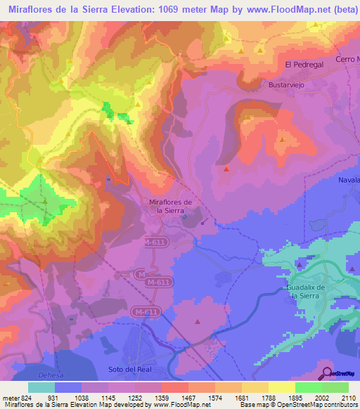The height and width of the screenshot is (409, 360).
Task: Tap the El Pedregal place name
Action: [x=303, y=65]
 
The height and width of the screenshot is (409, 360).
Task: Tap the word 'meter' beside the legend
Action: [x=8, y=397]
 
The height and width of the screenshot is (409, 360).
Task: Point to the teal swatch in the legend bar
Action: [x=41, y=387]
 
